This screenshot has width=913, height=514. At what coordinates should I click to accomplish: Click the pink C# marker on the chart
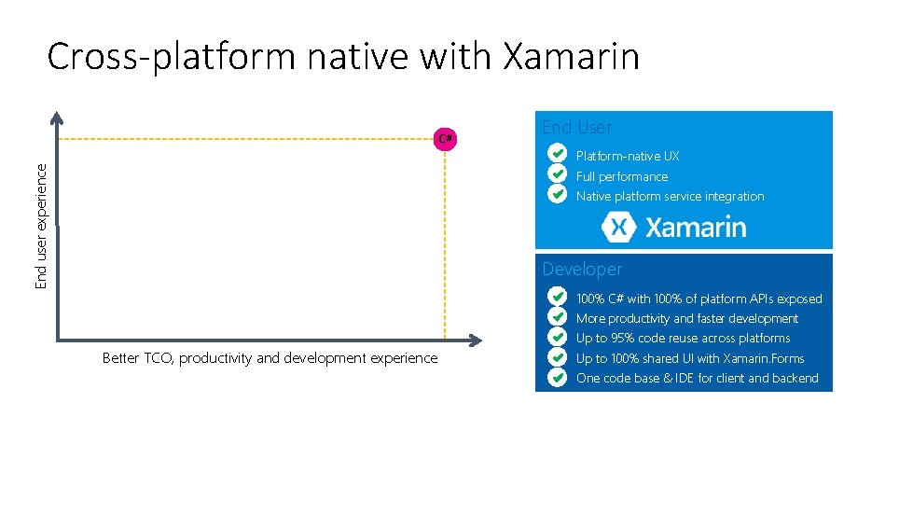click(x=446, y=139)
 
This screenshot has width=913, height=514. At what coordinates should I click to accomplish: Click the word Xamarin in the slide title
click(x=571, y=57)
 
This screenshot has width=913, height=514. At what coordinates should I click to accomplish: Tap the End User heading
click(x=576, y=127)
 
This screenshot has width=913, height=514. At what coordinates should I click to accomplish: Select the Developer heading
click(x=582, y=270)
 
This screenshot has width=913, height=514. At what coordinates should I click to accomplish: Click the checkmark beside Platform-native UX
click(x=557, y=153)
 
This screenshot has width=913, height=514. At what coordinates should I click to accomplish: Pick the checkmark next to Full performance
click(x=557, y=174)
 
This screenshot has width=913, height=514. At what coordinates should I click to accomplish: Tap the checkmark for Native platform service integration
click(x=557, y=194)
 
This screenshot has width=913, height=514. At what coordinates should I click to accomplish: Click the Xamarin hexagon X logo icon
click(x=619, y=227)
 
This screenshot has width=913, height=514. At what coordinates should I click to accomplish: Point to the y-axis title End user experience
click(x=41, y=224)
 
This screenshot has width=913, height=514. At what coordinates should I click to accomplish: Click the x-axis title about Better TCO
click(x=270, y=358)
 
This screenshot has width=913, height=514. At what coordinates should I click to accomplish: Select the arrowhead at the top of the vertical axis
click(x=57, y=118)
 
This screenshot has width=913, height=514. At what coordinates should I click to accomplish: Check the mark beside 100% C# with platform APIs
click(x=557, y=297)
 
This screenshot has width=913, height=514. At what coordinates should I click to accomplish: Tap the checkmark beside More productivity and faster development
click(x=557, y=317)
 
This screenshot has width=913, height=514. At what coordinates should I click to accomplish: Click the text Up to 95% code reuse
click(x=683, y=339)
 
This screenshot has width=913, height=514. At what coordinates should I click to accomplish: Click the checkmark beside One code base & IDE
click(x=557, y=377)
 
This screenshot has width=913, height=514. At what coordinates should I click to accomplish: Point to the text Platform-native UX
click(x=628, y=157)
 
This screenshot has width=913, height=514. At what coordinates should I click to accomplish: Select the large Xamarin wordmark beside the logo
click(x=696, y=227)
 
